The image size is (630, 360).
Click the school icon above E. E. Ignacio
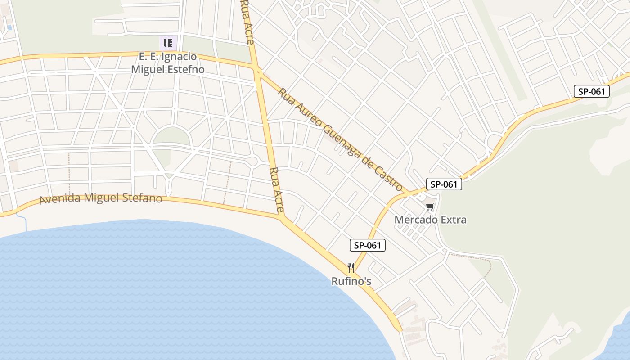pos(168,43)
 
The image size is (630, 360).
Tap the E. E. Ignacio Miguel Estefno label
pos(167,63)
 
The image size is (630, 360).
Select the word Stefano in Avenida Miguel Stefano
pos(142,198)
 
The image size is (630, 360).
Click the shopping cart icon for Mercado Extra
pos(430,207)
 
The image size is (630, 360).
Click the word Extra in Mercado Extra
pos(454,220)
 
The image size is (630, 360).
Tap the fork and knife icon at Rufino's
pos(351,268)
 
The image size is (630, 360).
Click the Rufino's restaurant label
pos(351,281)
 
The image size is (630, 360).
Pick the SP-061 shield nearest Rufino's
pos(368,245)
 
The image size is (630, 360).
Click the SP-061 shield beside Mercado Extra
pos(444,184)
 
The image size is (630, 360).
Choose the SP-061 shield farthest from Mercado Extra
pos(591,91)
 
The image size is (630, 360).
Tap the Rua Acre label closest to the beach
pos(277,189)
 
